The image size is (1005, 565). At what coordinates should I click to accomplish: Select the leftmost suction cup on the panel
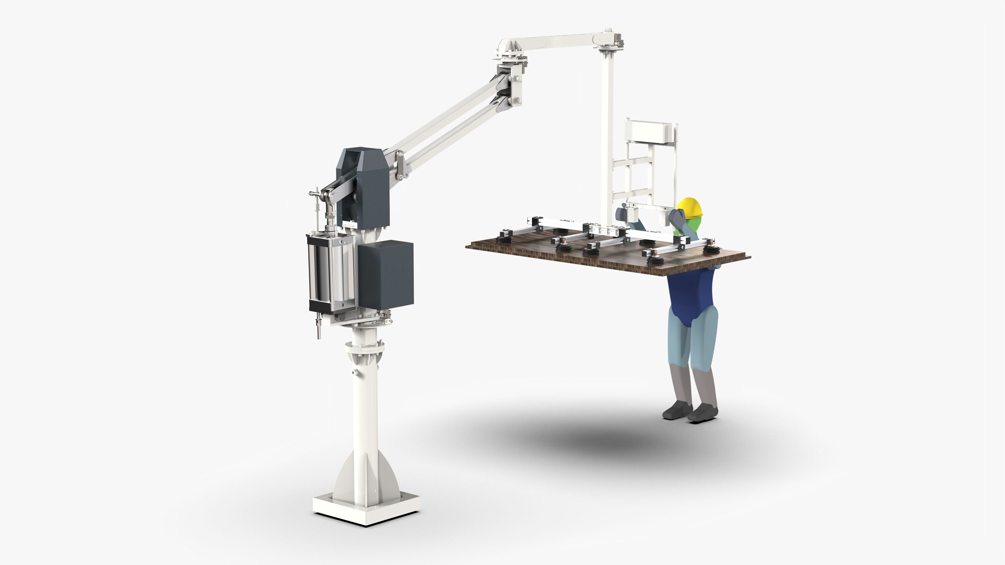click(x=507, y=236)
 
